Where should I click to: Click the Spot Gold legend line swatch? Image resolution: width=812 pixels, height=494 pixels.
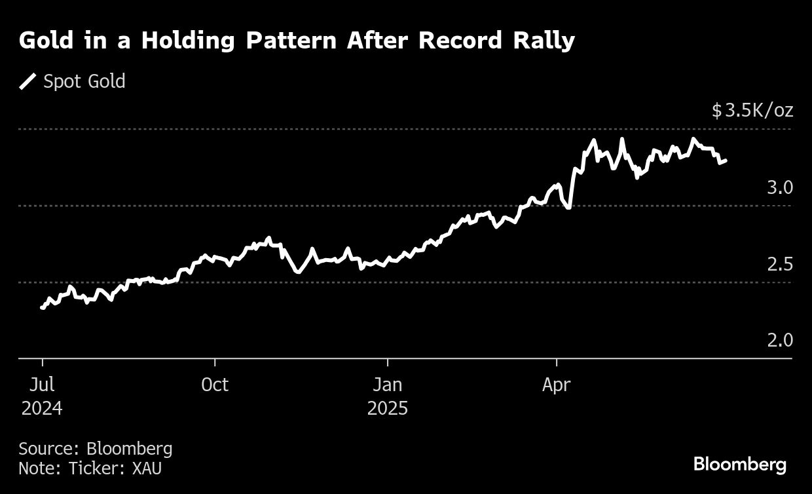click(28, 82)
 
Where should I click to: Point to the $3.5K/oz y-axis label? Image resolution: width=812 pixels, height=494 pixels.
click(752, 110)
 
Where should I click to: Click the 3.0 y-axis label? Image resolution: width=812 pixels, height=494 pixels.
click(780, 187)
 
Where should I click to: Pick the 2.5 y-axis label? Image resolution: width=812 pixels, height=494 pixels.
click(780, 264)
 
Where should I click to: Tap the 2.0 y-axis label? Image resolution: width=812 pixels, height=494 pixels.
click(780, 341)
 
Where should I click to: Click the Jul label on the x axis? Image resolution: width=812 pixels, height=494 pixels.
click(43, 385)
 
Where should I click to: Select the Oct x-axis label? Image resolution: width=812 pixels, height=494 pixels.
click(215, 385)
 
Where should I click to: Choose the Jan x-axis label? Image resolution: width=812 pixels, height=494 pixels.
click(388, 385)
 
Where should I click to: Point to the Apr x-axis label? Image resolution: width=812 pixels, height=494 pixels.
click(556, 385)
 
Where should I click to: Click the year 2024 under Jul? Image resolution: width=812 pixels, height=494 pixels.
click(43, 409)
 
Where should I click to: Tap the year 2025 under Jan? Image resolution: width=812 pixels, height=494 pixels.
click(388, 409)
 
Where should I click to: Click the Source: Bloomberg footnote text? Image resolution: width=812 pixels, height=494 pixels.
click(96, 449)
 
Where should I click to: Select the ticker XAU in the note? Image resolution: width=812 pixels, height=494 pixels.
click(147, 469)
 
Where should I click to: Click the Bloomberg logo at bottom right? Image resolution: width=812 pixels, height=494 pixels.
click(740, 465)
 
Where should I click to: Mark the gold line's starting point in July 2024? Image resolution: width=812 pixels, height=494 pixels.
click(42, 307)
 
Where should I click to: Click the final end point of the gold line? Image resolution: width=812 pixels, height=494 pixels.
click(725, 160)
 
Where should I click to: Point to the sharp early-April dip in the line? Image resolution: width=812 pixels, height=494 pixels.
click(568, 207)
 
